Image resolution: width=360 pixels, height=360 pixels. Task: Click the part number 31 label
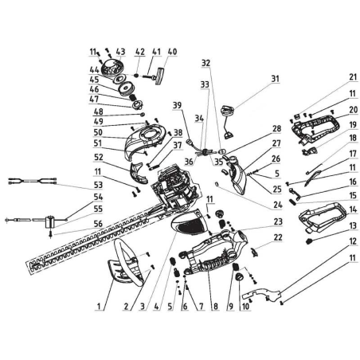(x=276, y=79)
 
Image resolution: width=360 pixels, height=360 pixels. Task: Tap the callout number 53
(x=97, y=183)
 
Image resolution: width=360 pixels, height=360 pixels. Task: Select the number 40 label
(x=173, y=52)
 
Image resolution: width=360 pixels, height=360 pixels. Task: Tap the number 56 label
(x=97, y=225)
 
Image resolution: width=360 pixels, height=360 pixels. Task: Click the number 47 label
(x=96, y=100)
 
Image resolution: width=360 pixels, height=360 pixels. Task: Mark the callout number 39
(x=177, y=106)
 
